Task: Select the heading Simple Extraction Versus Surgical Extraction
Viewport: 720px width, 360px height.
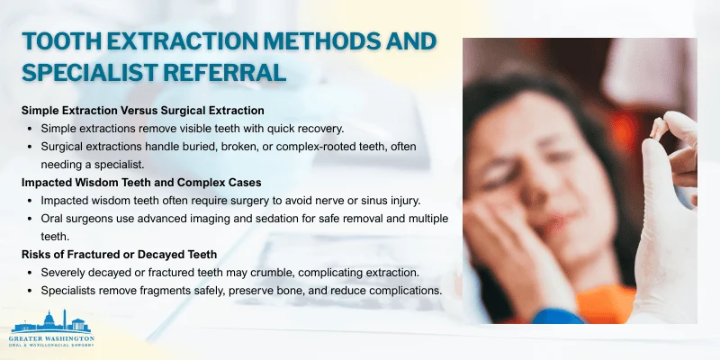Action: tap(142, 110)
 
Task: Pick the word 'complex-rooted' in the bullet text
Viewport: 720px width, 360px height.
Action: tap(314, 146)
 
